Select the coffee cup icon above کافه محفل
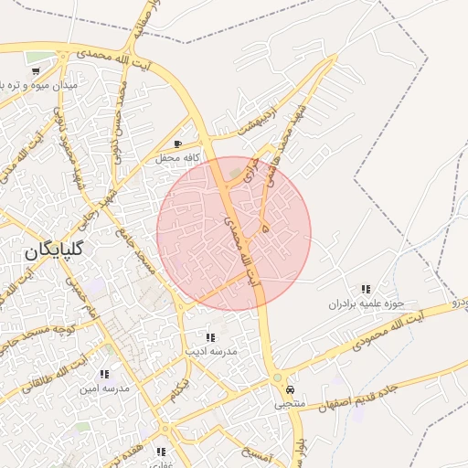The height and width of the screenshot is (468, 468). (x=177, y=144)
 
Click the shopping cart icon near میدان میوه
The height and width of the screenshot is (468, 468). (x=36, y=71)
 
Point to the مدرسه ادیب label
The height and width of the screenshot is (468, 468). (x=211, y=351)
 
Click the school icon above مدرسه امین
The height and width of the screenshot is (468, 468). (x=104, y=374)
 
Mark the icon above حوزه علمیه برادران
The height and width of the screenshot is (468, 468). (x=367, y=289)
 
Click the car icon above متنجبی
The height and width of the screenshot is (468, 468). (x=290, y=388)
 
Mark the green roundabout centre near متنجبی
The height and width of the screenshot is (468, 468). (x=277, y=378)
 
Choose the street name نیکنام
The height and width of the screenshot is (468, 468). (x=182, y=390)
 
